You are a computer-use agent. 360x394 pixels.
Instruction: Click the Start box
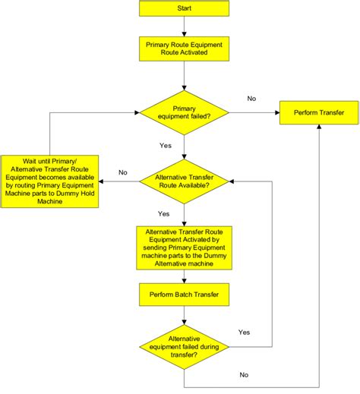184,8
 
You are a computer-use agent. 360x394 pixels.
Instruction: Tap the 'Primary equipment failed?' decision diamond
184,113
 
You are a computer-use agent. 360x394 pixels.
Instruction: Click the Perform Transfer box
318,113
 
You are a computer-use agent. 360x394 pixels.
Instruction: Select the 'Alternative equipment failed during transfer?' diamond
184,345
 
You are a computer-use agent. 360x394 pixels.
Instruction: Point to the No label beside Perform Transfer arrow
252,98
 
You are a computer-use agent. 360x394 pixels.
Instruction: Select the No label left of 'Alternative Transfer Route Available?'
122,172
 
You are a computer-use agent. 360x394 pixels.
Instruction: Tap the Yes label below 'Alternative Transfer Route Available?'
163,213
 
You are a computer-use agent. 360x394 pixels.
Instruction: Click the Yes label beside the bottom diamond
244,332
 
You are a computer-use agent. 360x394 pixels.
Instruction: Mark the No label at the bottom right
244,375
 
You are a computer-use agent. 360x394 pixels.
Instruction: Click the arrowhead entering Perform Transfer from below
318,131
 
